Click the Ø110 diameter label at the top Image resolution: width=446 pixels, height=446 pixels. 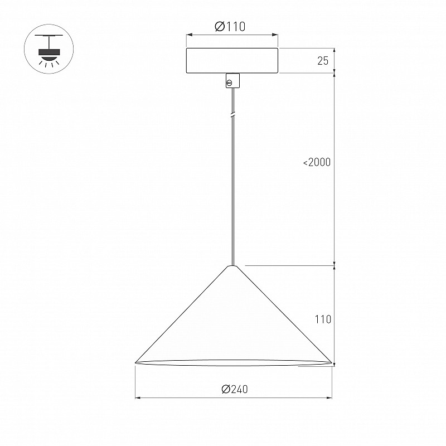coord(230,26)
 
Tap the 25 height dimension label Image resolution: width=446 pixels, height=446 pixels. coord(323,61)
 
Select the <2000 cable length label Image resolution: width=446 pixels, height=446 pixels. coord(317,162)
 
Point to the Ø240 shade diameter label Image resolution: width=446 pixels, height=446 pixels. coord(235,389)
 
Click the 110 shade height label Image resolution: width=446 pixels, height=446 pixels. coord(323,319)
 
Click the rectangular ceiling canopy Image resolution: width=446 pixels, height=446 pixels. coord(232,61)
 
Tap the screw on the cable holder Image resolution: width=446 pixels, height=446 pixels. coord(229,83)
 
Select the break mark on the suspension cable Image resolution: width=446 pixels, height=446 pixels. coord(233,115)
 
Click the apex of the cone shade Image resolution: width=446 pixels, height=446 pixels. coord(232,266)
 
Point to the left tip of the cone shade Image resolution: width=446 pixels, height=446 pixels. coord(135,363)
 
